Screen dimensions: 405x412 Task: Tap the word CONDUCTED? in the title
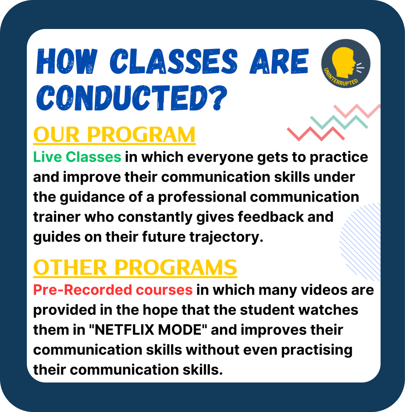(x=132, y=98)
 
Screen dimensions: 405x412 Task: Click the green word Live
(x=48, y=157)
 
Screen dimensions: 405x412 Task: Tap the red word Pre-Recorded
(x=82, y=290)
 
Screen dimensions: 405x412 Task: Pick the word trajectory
(x=226, y=237)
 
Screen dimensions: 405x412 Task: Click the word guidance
(x=92, y=197)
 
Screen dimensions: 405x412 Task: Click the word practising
(x=317, y=350)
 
